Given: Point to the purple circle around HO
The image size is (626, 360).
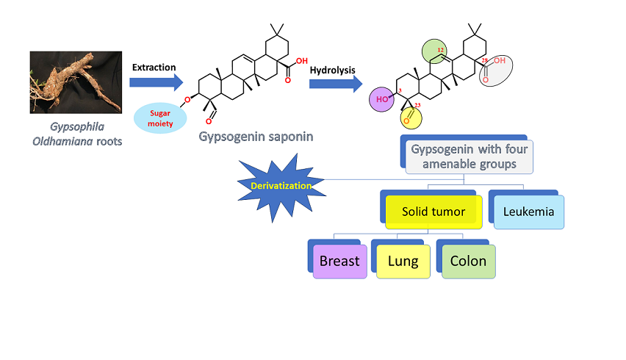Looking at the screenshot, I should click(x=382, y=99).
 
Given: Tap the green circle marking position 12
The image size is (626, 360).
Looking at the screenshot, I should click(x=436, y=51).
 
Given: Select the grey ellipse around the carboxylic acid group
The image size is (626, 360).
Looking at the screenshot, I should click(x=496, y=72).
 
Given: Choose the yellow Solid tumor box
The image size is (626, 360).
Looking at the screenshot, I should click(x=433, y=212).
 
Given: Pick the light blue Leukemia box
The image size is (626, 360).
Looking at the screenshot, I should click(x=529, y=211).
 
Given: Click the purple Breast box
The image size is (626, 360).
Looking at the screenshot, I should click(x=339, y=261).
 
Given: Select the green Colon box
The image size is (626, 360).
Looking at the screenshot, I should click(x=468, y=261).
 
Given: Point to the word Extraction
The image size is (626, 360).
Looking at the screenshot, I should click(x=154, y=67).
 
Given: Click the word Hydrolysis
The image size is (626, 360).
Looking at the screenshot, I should click(x=332, y=71).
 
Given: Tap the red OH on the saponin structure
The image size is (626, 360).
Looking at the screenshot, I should click(x=302, y=62).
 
